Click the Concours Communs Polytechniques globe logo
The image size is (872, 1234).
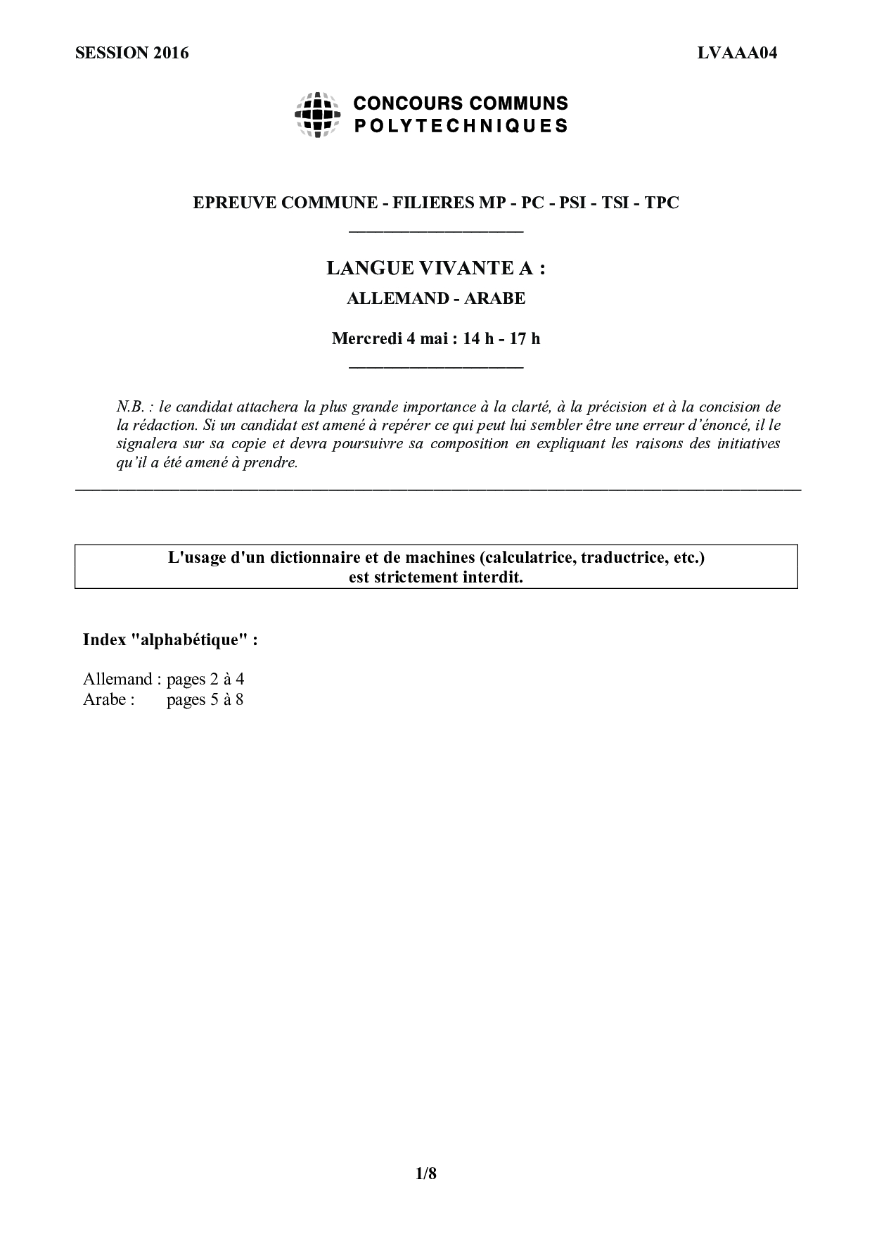tap(317, 115)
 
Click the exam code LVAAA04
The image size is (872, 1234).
tap(737, 53)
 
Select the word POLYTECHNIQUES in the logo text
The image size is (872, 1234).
tap(460, 127)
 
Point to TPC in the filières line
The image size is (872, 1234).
tap(662, 203)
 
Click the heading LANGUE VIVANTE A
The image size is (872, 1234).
tap(436, 268)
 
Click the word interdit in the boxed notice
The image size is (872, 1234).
tap(495, 578)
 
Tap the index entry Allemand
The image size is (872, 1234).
tap(117, 680)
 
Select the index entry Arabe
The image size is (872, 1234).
tap(105, 700)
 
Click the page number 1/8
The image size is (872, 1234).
tap(426, 1173)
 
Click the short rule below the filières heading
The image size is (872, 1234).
tap(436, 231)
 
